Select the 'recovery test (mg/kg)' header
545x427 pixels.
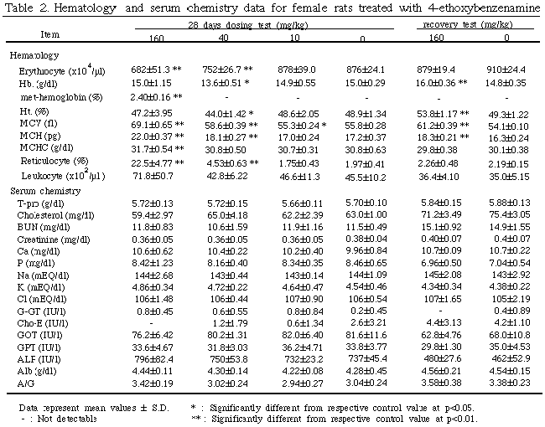click(x=465, y=27)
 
